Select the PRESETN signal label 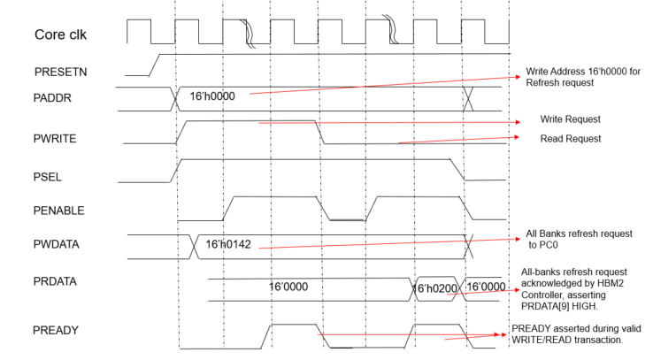(61, 71)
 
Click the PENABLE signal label (58, 211)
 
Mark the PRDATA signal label (57, 285)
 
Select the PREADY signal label (55, 331)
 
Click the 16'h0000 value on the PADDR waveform (213, 96)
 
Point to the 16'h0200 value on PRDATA (434, 287)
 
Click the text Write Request (570, 119)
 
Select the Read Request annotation (570, 139)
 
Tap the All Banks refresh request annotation (579, 239)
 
